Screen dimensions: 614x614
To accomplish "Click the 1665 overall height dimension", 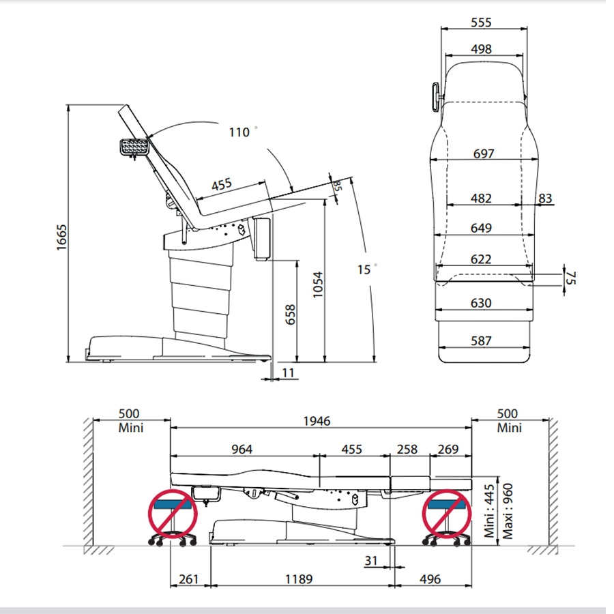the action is click(x=61, y=237).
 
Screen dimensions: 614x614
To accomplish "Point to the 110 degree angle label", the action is click(x=243, y=132).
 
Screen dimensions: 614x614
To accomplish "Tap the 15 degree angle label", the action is click(x=367, y=269).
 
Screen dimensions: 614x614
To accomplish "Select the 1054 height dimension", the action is click(x=318, y=284).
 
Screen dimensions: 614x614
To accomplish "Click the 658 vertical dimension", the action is click(x=290, y=315).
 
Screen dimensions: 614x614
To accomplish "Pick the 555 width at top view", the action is click(x=481, y=23).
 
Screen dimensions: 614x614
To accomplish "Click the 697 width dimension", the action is click(x=484, y=153).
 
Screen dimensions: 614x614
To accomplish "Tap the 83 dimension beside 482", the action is click(x=545, y=199).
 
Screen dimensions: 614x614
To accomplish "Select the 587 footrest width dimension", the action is click(x=481, y=340).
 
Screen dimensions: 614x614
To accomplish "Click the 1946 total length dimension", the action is click(x=317, y=421).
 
